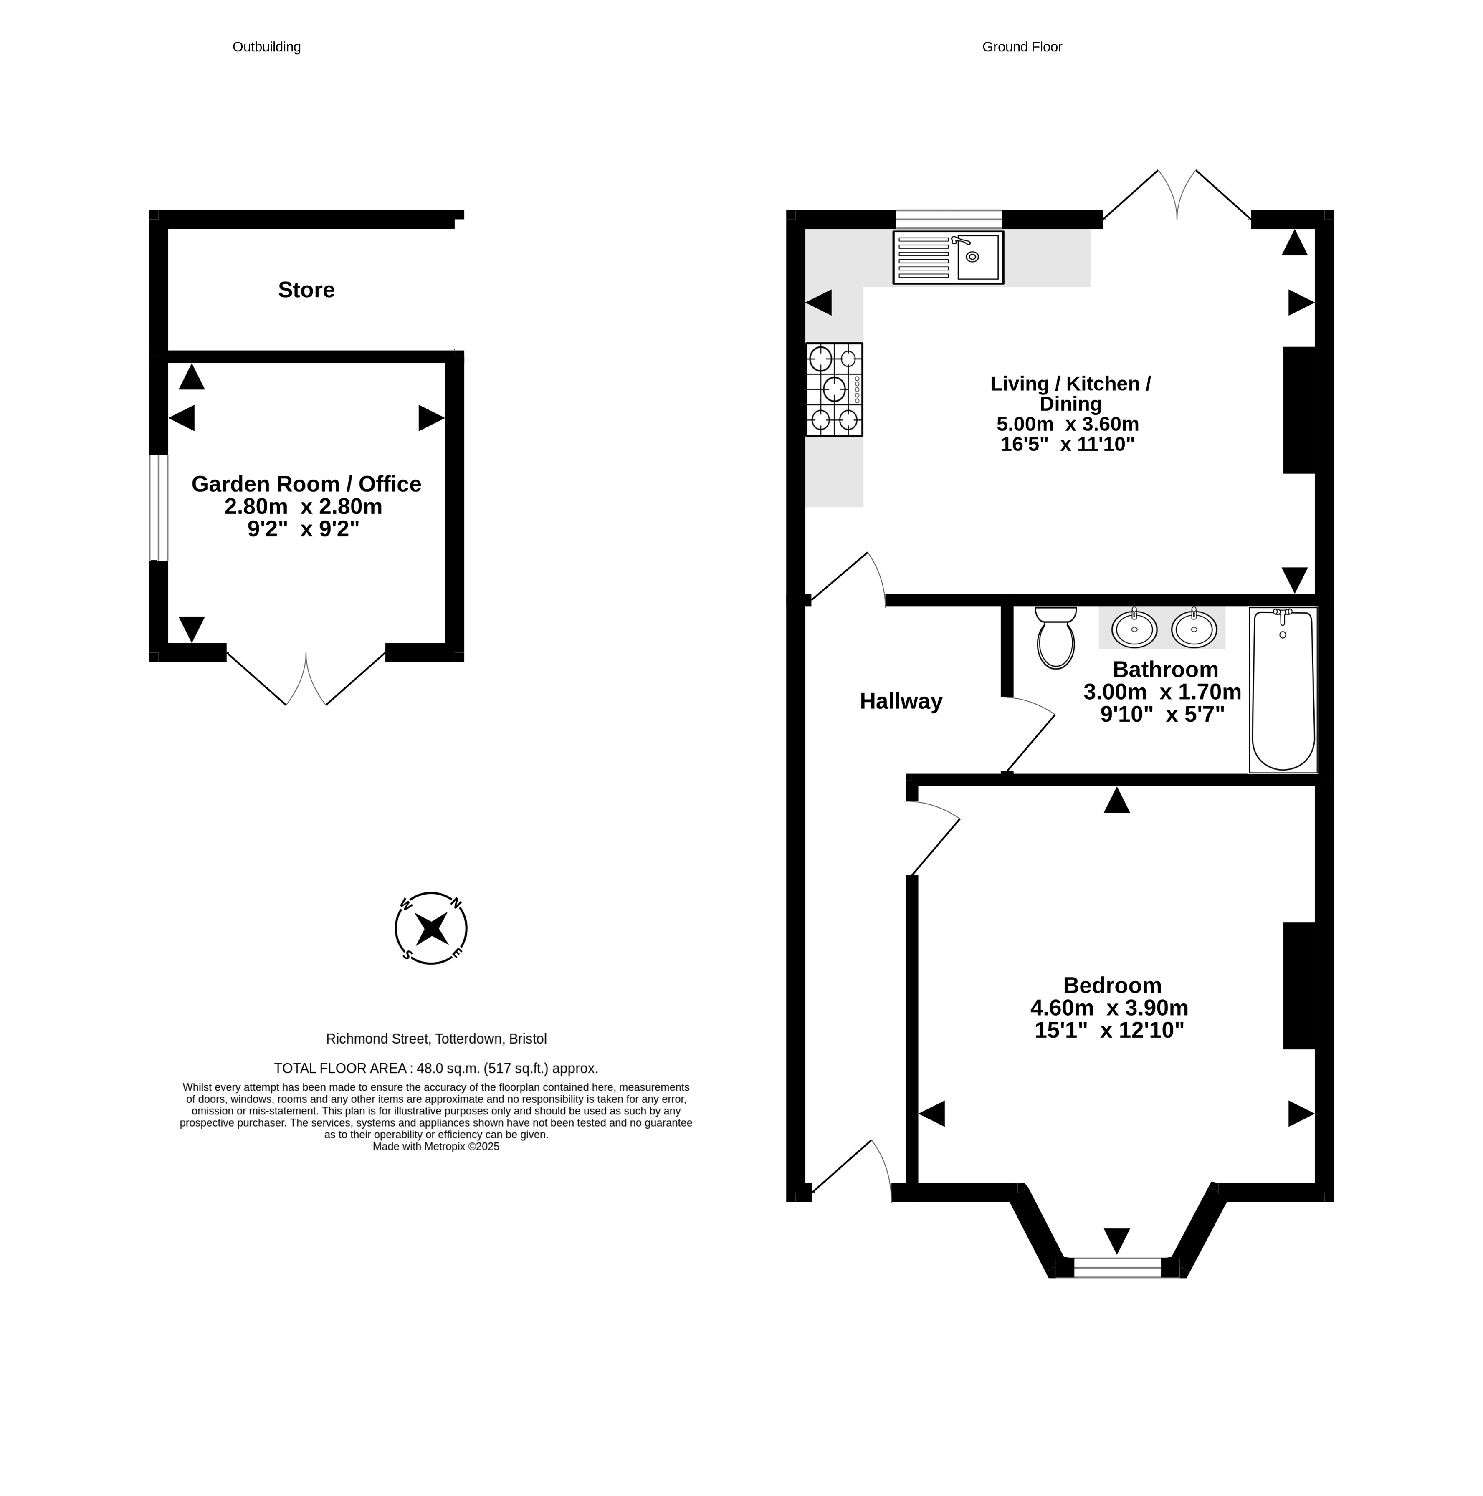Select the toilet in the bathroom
pyautogui.click(x=1055, y=637)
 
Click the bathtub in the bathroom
pyautogui.click(x=1283, y=689)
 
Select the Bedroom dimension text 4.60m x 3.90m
pyautogui.click(x=1109, y=1007)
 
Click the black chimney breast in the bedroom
pyautogui.click(x=1299, y=986)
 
